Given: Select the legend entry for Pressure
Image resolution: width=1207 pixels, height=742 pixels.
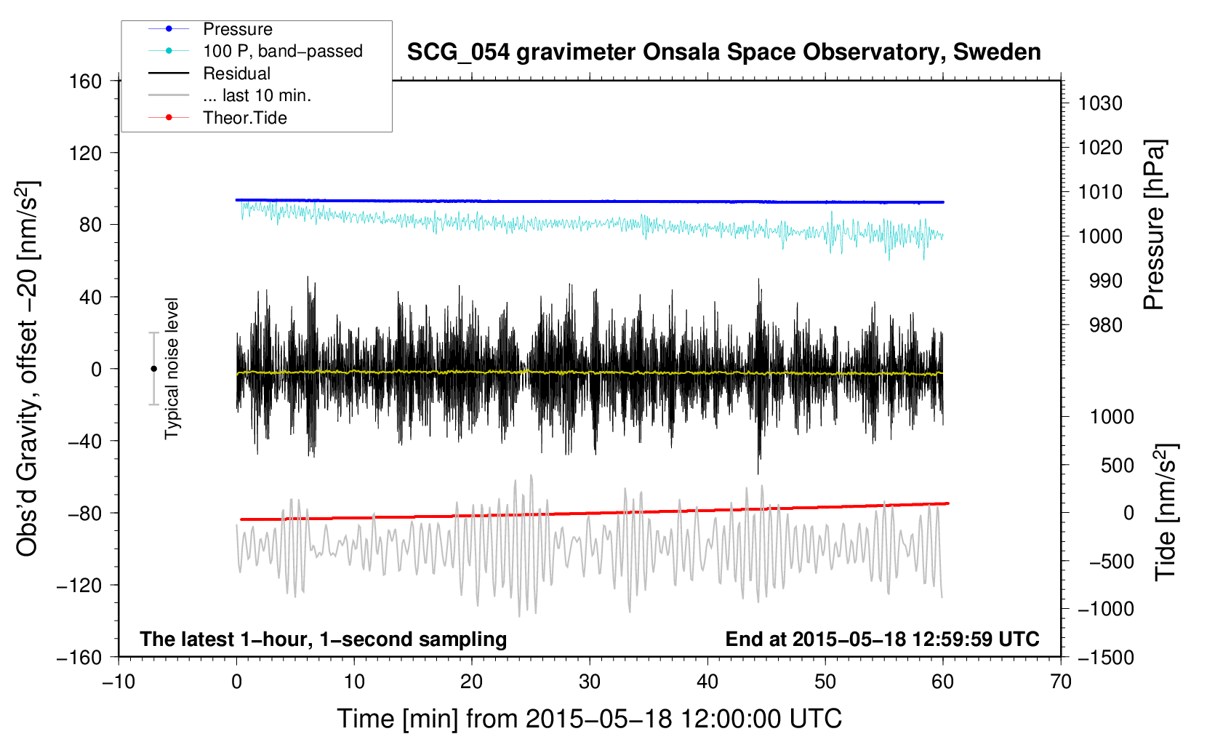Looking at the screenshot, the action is [x=238, y=29].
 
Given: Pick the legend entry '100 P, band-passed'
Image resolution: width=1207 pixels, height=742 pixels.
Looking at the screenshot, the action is [x=283, y=51].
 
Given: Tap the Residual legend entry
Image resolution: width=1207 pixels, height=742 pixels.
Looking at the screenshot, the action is [x=236, y=73].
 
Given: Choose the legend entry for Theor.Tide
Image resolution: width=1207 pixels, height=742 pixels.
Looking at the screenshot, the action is [x=244, y=118].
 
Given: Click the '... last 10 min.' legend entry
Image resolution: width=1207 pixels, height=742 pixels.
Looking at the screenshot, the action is [x=257, y=95].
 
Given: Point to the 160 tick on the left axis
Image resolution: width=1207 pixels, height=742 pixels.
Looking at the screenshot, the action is [x=86, y=81].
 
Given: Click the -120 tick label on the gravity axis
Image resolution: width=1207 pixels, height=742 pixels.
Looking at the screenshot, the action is [x=79, y=585].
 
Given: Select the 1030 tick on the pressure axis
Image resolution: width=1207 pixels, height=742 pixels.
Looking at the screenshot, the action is [x=1100, y=103].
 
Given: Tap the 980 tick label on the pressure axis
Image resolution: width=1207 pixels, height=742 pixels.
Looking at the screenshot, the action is [x=1106, y=325].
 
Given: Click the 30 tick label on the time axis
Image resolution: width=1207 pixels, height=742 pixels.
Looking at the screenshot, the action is [x=590, y=682].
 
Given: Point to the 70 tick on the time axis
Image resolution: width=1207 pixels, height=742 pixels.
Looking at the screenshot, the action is [x=1060, y=682].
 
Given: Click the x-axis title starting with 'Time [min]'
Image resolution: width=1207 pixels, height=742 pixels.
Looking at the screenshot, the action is [x=589, y=719].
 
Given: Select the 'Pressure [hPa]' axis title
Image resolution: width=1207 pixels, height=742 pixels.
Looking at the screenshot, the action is [x=1154, y=224].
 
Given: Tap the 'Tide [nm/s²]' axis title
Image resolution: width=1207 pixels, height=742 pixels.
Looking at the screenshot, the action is [x=1165, y=512].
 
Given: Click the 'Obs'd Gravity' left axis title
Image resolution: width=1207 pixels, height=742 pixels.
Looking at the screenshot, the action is [x=27, y=369].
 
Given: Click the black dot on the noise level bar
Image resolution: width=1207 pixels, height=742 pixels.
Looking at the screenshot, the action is [x=153, y=369].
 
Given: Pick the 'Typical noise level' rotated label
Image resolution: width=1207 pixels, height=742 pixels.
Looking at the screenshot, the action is [x=172, y=369].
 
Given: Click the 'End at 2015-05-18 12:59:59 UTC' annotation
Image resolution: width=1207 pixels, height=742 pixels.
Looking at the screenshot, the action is [x=882, y=639].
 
